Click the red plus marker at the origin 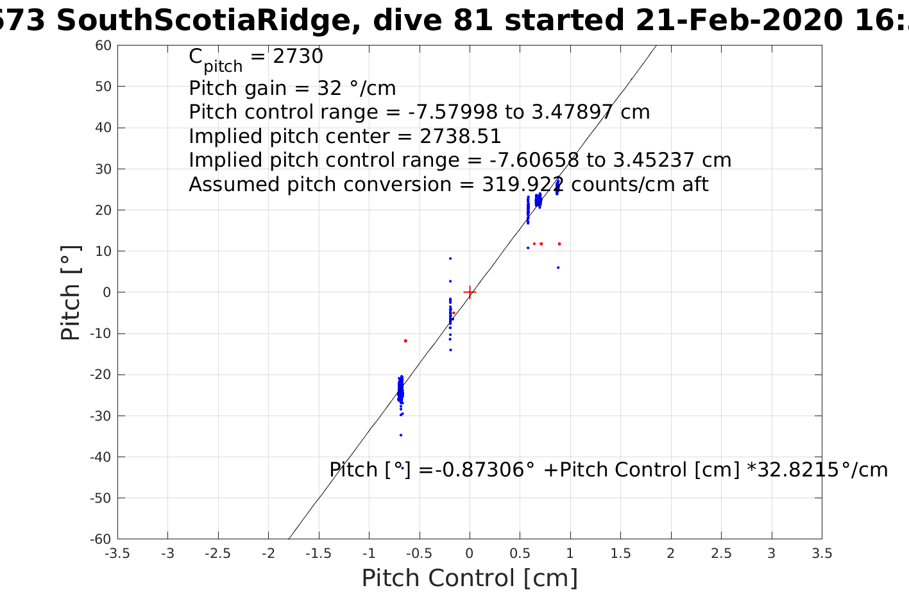470,292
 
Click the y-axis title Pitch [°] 71,292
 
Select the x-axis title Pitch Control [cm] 470,578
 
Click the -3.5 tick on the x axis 117,553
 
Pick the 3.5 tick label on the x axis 822,553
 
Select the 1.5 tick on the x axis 620,553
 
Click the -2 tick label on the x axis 268,553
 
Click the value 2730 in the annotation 298,57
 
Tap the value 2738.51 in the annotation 461,137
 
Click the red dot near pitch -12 405,341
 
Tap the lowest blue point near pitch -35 401,435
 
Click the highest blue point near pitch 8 450,258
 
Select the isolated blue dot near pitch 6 558,267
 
